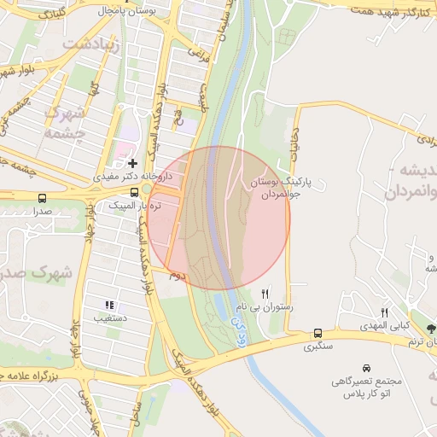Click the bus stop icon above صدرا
pyautogui.click(x=43, y=198)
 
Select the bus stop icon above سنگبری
pyautogui.click(x=318, y=333)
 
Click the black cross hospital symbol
pyautogui.click(x=132, y=162)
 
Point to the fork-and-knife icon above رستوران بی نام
pyautogui.click(x=266, y=293)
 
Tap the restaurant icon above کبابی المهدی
pyautogui.click(x=384, y=313)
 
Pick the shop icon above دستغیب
pyautogui.click(x=108, y=305)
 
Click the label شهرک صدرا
pyautogui.click(x=34, y=273)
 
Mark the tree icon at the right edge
pyautogui.click(x=430, y=328)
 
